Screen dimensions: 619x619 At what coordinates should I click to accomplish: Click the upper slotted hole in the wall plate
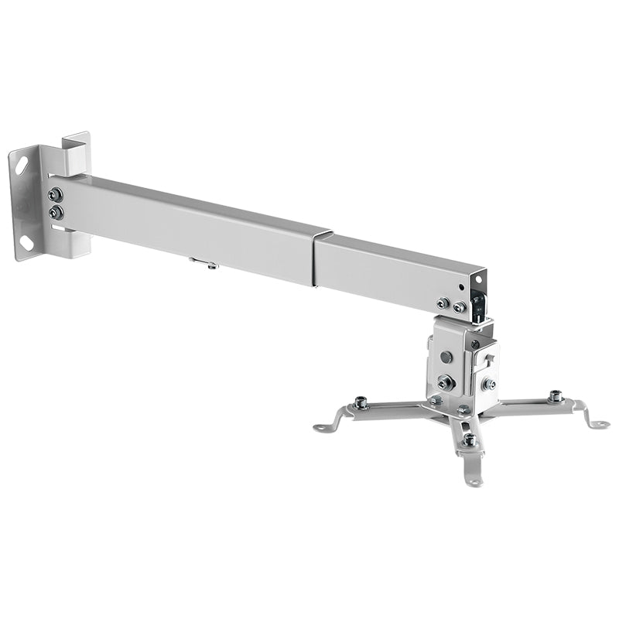coord(22,165)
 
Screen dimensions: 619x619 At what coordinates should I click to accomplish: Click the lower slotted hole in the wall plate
coord(26,241)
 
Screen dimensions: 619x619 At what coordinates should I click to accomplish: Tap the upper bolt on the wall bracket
coord(56,195)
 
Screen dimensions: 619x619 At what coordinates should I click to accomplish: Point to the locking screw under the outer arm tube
coord(206,265)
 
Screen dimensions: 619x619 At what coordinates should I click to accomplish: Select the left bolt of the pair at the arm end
coord(443,303)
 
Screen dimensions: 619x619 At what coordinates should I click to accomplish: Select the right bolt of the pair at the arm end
coord(459,307)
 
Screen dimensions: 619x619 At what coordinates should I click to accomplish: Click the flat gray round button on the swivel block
coord(446,357)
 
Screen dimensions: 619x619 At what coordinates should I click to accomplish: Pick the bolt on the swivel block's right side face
coord(489,383)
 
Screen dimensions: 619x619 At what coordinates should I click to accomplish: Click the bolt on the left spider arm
coord(361,402)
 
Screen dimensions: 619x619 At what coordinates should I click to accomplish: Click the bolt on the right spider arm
coord(555,396)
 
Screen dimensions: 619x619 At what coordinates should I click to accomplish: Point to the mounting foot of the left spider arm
coord(323,426)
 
